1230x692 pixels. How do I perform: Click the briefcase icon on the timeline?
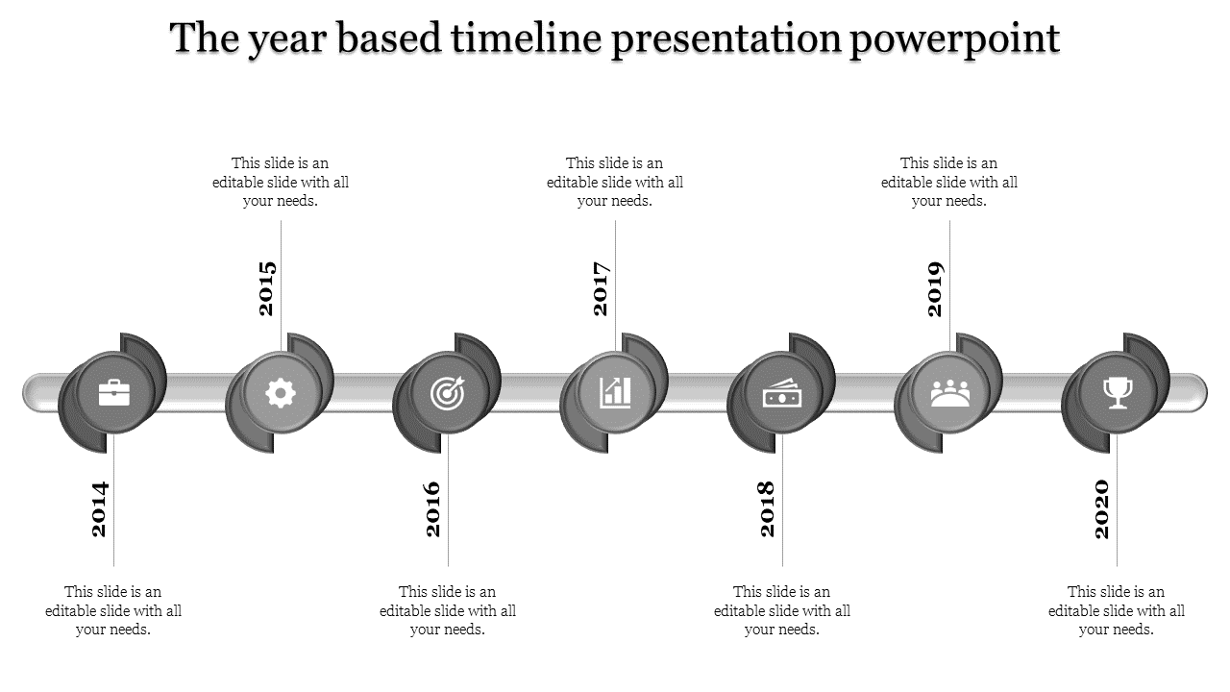pos(113,392)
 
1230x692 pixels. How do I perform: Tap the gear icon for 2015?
pos(281,392)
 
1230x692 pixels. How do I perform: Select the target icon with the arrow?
pos(448,392)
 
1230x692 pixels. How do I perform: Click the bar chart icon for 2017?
pos(615,392)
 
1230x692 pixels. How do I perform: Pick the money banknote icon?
pos(782,392)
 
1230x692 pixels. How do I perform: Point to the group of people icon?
pos(949,392)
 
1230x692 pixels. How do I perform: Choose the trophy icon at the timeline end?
pos(1117,392)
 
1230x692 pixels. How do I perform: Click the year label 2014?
pos(100,508)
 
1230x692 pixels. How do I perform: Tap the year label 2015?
pos(267,288)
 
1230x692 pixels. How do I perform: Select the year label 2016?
pos(434,508)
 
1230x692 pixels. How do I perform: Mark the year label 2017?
pos(602,288)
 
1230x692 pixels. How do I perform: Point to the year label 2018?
pos(769,508)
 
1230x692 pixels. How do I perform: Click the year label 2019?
pos(936,288)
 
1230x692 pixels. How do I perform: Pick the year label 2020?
pos(1103,508)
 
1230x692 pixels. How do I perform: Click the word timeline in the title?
pos(526,39)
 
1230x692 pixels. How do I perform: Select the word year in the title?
pos(279,39)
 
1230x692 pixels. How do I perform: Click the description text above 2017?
pos(615,182)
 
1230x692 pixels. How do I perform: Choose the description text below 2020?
pos(1117,610)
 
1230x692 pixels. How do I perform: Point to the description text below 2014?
pos(113,610)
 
